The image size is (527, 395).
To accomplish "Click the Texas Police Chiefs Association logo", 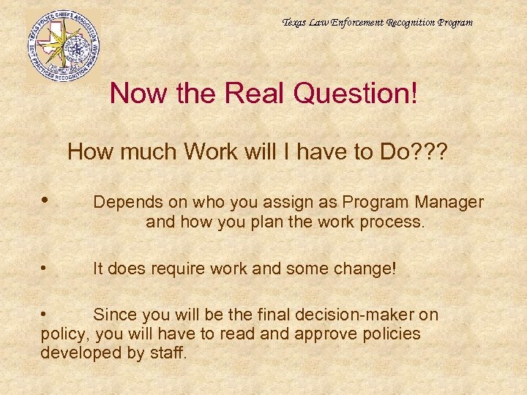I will (x=63, y=45).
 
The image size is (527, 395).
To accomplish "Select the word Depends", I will (x=122, y=202).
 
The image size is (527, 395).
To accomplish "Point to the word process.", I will (x=393, y=222).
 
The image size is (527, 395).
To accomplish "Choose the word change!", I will (x=360, y=268).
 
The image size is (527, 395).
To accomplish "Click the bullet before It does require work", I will (x=45, y=268).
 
